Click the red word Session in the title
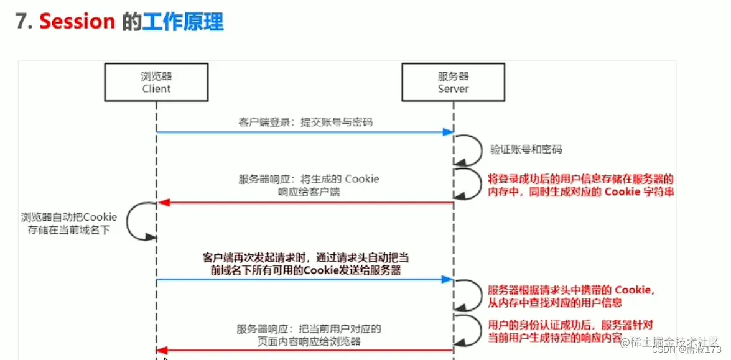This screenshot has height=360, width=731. (x=77, y=22)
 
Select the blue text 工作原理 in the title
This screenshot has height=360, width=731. (x=182, y=22)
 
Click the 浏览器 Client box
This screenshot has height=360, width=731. (x=156, y=82)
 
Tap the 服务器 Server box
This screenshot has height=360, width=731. (x=453, y=82)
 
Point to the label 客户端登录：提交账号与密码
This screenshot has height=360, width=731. (x=305, y=122)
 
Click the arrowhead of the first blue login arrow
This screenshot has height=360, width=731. (x=447, y=132)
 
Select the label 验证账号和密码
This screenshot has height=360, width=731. (x=526, y=150)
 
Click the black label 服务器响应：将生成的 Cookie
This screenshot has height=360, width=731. (x=309, y=179)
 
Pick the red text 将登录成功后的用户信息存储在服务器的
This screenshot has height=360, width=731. (x=580, y=179)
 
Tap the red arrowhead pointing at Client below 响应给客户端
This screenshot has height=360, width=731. (x=162, y=202)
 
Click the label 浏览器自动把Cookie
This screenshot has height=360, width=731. (x=65, y=217)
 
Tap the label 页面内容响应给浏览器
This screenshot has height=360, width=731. (x=309, y=341)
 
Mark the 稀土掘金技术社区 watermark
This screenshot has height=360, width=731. (x=674, y=341)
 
